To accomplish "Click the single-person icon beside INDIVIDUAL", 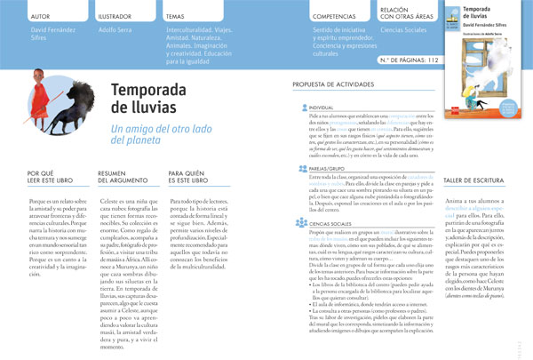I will click(x=303, y=106).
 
